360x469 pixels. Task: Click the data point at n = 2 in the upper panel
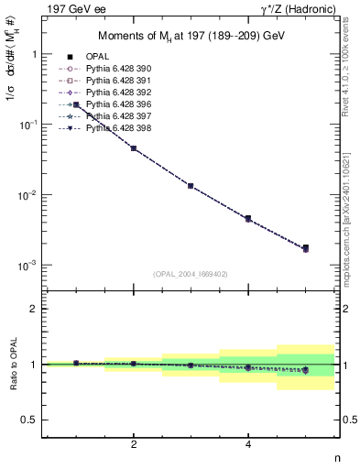click(134, 147)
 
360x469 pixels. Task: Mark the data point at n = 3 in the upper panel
click(191, 185)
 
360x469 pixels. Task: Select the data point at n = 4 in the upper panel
click(248, 218)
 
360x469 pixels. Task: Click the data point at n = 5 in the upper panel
click(305, 248)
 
